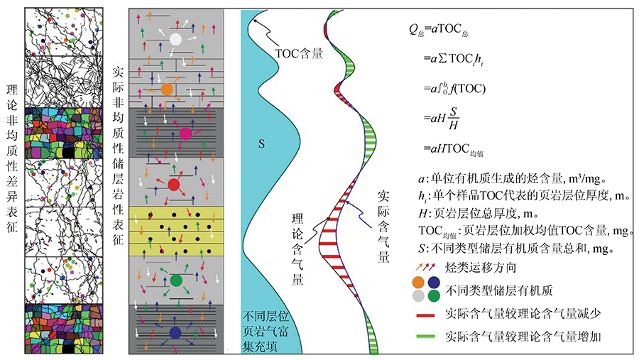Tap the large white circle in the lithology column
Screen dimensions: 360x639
[x=175, y=39]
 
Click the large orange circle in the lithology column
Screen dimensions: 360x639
[x=167, y=89]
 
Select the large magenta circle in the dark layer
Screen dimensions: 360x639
[x=186, y=133]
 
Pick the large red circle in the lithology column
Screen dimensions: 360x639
[x=174, y=185]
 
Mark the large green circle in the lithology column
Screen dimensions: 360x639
[x=177, y=280]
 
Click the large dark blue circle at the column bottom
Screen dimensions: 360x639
[x=175, y=332]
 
